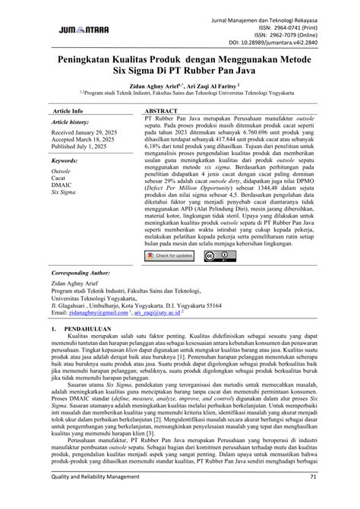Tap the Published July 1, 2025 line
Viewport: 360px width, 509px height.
[x=79, y=150]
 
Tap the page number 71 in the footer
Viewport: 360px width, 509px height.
[x=312, y=498]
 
